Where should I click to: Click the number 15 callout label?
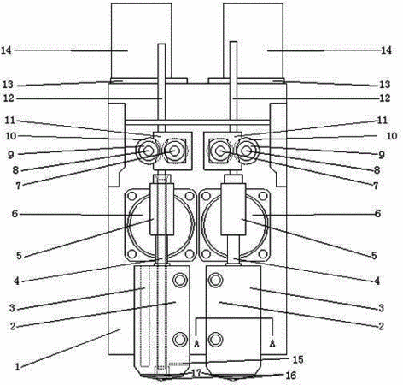coord(298,359)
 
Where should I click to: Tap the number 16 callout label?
coord(290,376)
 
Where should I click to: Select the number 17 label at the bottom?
coord(196,373)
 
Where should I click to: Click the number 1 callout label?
coord(17,367)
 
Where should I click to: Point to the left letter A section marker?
coord(196,344)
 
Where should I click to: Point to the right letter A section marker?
coord(272,343)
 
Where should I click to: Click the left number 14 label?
coord(6,50)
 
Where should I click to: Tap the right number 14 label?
coord(386,50)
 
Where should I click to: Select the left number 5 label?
coord(19,256)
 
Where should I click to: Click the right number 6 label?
coord(377,214)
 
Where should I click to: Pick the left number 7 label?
coord(18,186)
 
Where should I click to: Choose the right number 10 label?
coord(392,136)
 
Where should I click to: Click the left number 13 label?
coord(8,85)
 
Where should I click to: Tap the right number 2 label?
coord(381,326)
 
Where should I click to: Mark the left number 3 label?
coord(12,308)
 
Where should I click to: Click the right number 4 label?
coord(377,281)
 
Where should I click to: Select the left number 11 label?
coord(9,120)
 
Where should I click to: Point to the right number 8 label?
coord(377,170)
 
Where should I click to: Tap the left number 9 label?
coord(11,155)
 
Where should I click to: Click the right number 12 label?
coord(385,98)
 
